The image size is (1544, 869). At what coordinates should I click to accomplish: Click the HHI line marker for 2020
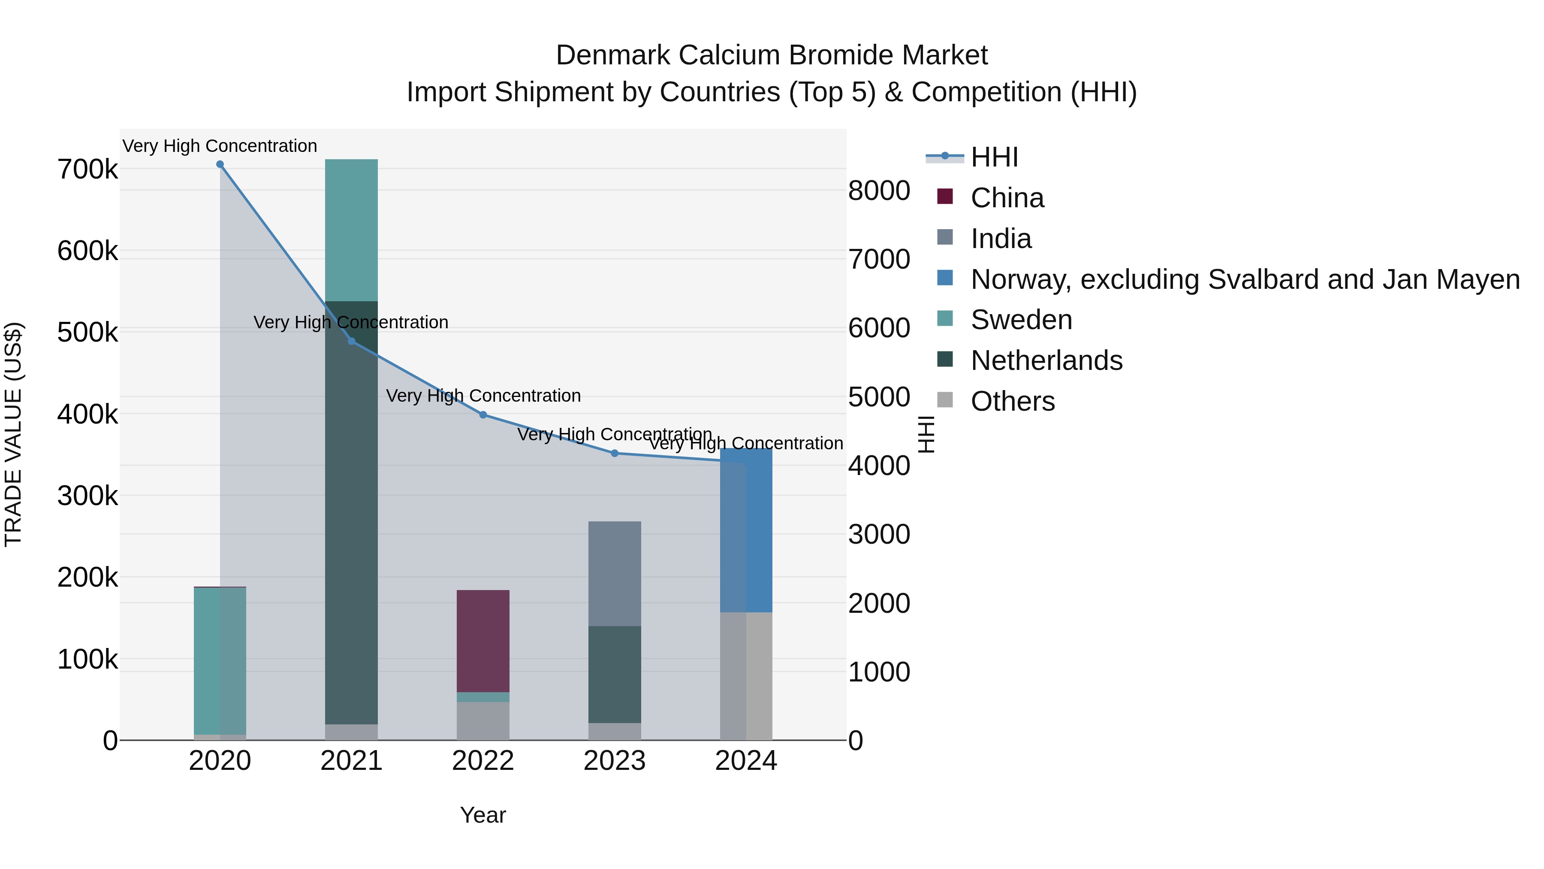pos(220,164)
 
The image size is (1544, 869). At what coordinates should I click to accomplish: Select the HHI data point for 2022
pos(483,415)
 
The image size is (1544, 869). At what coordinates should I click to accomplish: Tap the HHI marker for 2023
pos(614,454)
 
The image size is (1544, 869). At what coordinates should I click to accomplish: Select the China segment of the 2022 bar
pos(483,641)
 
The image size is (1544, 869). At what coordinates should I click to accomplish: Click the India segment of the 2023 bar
pos(614,573)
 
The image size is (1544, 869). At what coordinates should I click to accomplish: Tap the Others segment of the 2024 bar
pos(746,676)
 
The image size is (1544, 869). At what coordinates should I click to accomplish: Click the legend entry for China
pos(1007,198)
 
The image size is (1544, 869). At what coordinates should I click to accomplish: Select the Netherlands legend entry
pos(1046,360)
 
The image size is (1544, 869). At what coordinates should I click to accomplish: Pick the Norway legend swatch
pos(944,278)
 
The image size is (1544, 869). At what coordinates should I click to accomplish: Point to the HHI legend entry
pos(994,157)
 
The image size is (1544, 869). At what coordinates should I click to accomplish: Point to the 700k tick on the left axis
pos(87,170)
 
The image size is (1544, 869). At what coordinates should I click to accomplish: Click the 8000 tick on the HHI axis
pos(879,191)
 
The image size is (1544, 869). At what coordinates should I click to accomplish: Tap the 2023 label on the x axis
pos(614,761)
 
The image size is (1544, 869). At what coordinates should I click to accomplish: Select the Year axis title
pos(483,815)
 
